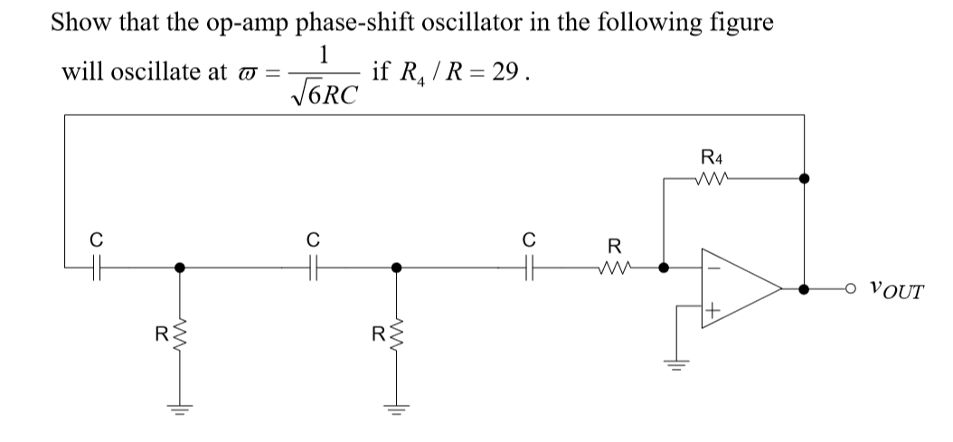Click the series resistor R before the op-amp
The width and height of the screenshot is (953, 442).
(615, 267)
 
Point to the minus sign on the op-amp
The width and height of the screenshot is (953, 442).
(712, 268)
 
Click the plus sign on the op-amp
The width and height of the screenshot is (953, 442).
(712, 311)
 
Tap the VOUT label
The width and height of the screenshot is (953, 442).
(894, 291)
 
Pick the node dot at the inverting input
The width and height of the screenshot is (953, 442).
(664, 268)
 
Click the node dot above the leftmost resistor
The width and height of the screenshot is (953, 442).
(180, 268)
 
